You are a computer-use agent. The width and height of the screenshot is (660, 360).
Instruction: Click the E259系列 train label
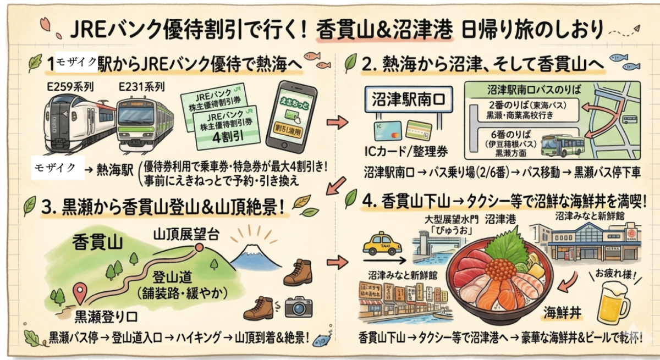64,86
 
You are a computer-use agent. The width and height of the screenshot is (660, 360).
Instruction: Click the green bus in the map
562,145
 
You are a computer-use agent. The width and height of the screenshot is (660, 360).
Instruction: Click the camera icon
298,306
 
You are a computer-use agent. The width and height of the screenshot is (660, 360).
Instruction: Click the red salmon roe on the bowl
500,269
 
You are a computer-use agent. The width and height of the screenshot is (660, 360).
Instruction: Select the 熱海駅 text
119,169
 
